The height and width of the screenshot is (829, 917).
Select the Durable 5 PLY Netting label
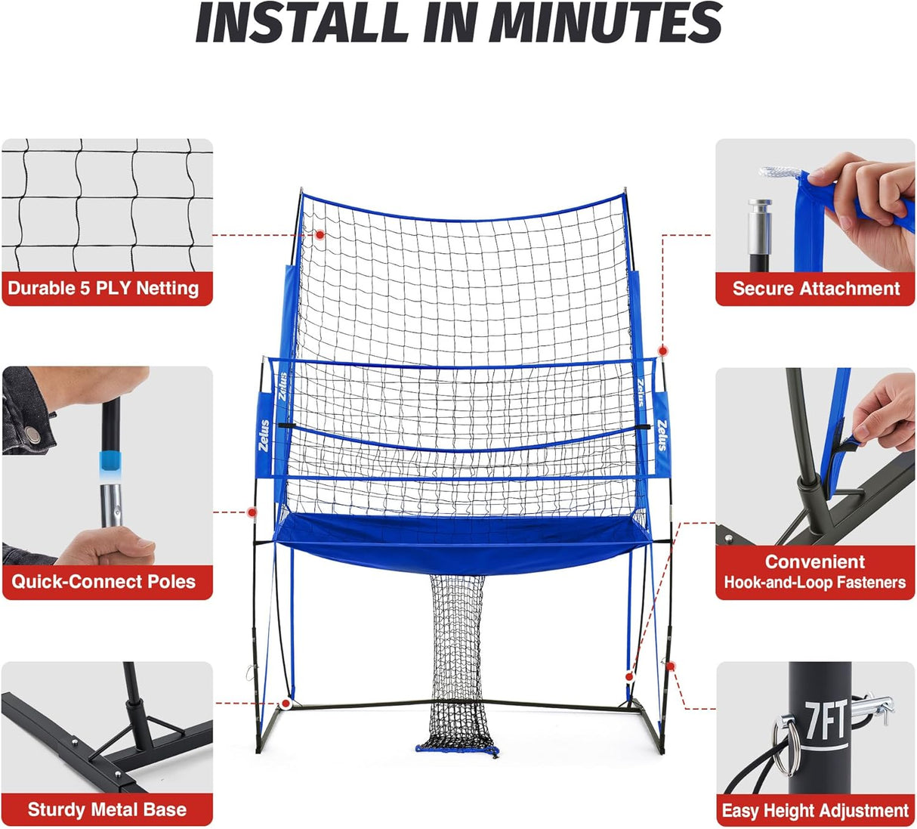pos(103,289)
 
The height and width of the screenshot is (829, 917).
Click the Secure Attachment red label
pos(816,289)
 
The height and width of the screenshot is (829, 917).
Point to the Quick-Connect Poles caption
pos(103,582)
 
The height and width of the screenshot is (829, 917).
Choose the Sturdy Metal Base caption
pos(107,810)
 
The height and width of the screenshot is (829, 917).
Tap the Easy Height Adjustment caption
pos(815,811)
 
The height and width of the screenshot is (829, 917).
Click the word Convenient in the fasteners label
pos(814,561)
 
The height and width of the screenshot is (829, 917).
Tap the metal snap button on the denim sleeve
pos(31,434)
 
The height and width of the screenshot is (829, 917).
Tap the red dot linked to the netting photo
pos(320,235)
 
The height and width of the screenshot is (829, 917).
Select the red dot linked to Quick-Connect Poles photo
pos(252,512)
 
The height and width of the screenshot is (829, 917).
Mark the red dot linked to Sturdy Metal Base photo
pos(286,704)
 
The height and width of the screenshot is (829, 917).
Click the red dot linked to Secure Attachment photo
pos(662,351)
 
